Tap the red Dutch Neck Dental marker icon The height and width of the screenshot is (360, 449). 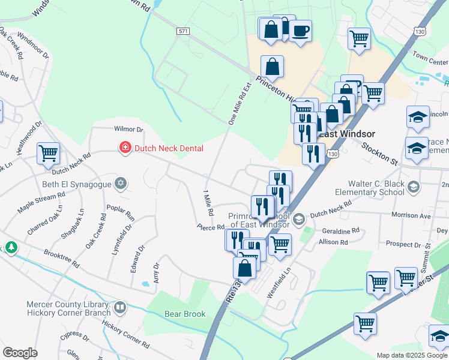[x=125, y=148]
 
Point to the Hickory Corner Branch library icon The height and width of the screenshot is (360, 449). [x=120, y=308]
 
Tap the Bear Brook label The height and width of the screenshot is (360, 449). [x=185, y=314]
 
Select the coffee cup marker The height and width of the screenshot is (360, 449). [x=300, y=31]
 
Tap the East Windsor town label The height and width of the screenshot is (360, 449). [x=346, y=134]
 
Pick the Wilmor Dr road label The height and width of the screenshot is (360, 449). [x=129, y=129]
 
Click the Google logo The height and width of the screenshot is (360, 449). [x=20, y=353]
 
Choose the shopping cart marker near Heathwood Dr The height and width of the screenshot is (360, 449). [x=48, y=152]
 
